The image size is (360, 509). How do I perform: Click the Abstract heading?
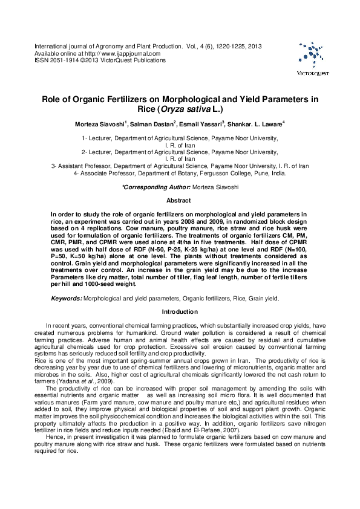tap(179, 200)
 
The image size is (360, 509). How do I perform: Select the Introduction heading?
tap(179, 312)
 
